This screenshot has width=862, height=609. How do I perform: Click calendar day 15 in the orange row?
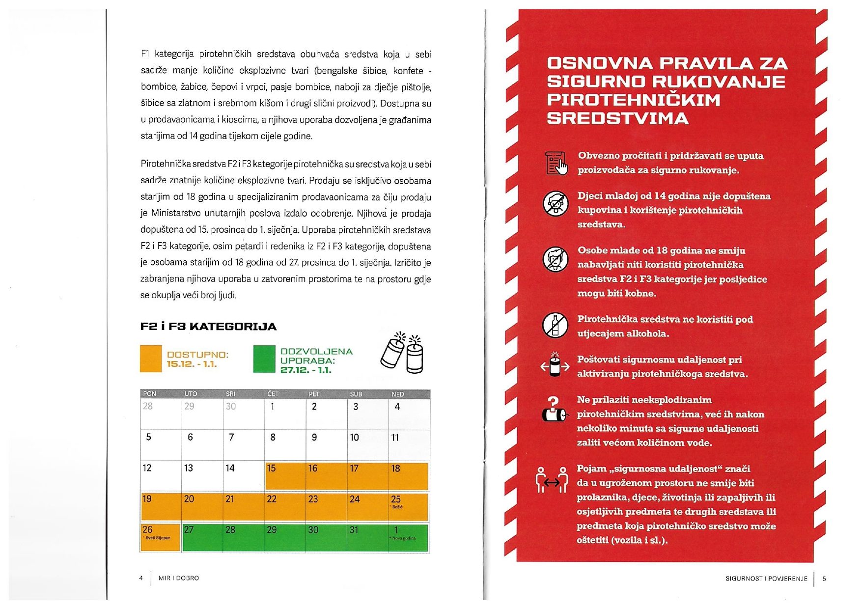(x=285, y=475)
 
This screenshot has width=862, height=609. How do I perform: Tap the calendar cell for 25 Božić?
(x=409, y=506)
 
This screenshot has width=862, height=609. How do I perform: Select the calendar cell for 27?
(x=202, y=537)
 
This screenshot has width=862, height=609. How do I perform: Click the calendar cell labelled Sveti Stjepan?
(x=160, y=537)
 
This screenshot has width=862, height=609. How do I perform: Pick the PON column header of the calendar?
(x=149, y=394)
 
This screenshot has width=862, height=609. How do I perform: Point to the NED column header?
(x=398, y=394)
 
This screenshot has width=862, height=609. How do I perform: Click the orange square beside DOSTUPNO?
(x=151, y=359)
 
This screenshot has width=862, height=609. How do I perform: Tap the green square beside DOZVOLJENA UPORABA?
(x=264, y=359)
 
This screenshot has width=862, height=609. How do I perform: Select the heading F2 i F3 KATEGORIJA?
(x=208, y=327)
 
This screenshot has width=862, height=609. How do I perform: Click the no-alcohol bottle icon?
(x=555, y=325)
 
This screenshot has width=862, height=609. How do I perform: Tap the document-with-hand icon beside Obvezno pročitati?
(x=556, y=163)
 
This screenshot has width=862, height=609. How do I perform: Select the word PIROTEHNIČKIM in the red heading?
(x=634, y=100)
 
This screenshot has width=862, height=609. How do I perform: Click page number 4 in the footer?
(x=141, y=578)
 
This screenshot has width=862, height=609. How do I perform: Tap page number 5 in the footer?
(x=824, y=579)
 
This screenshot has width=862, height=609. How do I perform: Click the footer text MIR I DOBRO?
(x=179, y=578)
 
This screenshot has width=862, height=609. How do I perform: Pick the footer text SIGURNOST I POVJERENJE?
(x=766, y=579)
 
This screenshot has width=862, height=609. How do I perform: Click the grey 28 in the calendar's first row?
(x=148, y=406)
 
